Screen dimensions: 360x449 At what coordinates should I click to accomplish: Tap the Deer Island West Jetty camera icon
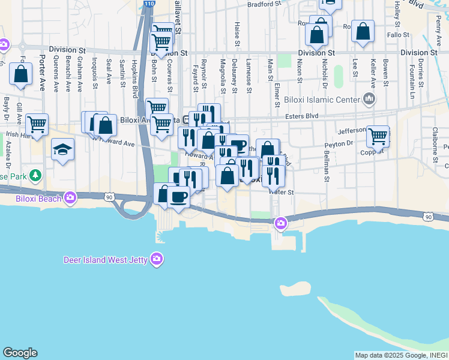coord(157,259)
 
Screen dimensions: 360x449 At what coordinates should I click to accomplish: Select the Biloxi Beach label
coord(41,197)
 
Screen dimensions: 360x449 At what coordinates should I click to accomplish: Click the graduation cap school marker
coord(62,149)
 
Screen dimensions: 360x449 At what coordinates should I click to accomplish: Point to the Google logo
coord(20,353)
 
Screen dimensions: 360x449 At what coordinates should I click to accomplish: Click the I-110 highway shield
coord(148,4)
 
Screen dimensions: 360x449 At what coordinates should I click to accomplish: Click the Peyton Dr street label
coord(339,144)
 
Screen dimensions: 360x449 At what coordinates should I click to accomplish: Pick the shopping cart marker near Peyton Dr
coord(378,136)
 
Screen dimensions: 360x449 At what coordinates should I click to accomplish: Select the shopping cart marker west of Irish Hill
coord(37,124)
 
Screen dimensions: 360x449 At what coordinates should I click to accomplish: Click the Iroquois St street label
coord(95,73)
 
